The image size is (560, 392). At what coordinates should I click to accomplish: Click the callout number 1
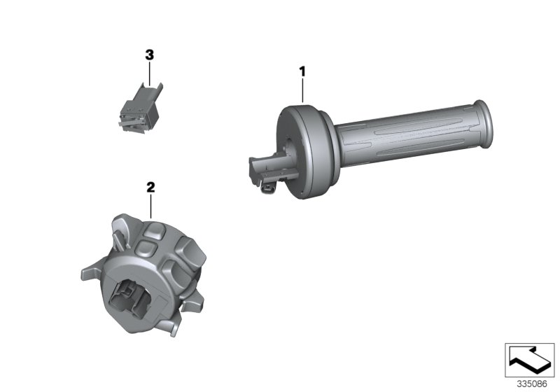[x=302, y=72]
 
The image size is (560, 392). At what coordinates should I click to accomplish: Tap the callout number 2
[x=150, y=187]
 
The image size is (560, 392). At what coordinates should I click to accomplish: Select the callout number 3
[x=149, y=55]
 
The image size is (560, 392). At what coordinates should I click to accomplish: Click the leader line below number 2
[x=150, y=206]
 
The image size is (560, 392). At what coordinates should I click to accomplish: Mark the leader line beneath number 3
[x=149, y=74]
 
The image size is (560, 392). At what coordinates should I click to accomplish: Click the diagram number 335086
[x=532, y=384]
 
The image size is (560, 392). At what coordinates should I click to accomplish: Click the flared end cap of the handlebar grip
[x=483, y=124]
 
